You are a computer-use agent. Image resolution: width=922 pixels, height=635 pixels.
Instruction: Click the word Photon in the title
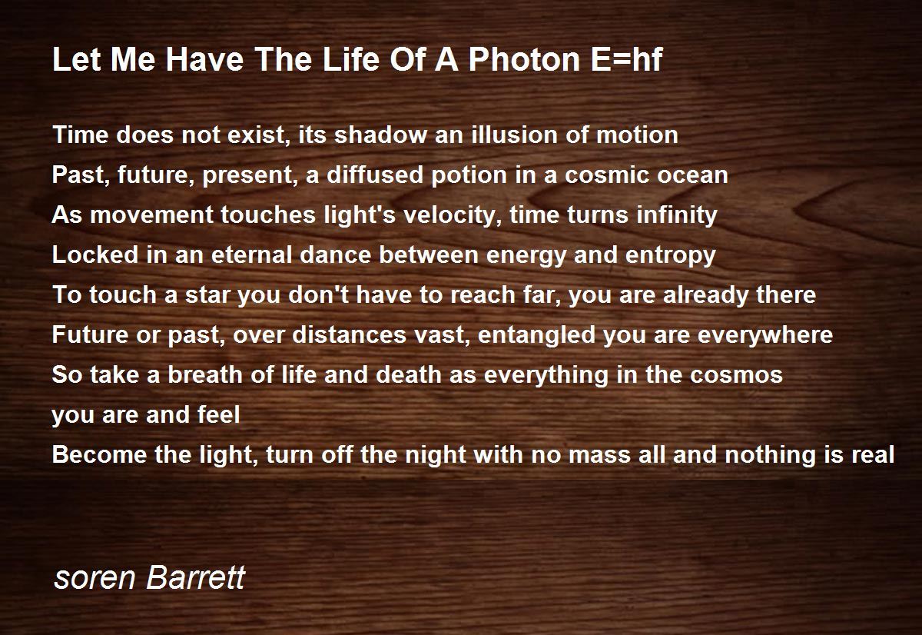pos(524,60)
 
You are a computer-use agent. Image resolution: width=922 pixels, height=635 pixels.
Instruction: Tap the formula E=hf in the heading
pos(626,59)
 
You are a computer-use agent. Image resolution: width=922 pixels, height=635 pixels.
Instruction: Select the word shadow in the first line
pos(381,135)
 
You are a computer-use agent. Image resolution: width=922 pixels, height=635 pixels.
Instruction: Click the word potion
pos(469,175)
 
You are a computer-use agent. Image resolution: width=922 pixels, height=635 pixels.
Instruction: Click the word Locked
pos(95,255)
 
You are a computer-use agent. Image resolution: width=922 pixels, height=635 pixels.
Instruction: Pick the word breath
pos(205,375)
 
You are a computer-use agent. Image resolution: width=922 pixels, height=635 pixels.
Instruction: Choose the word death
pos(409,375)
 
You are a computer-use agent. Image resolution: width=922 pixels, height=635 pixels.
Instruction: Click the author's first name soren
pos(95,580)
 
